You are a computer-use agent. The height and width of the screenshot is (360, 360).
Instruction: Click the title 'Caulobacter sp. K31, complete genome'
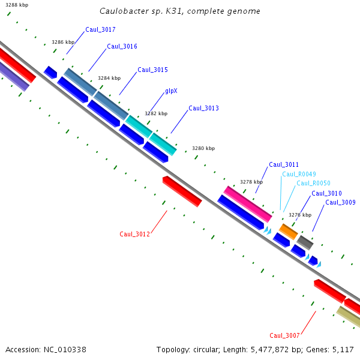179,11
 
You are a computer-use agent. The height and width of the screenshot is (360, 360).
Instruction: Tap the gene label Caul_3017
100,29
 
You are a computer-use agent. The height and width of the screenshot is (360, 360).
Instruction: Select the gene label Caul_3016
122,46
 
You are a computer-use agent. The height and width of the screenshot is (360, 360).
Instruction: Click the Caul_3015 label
152,70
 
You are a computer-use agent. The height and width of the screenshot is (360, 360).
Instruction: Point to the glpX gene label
171,91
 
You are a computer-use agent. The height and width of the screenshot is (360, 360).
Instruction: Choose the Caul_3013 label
203,108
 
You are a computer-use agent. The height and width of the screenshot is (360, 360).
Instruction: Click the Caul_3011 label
284,164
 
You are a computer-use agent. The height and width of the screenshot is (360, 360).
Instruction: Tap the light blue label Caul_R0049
299,174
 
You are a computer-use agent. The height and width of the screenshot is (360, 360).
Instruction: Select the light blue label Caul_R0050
313,183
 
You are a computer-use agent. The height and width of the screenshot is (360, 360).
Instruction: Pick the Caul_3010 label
326,193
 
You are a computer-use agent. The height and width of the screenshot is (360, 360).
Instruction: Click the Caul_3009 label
340,202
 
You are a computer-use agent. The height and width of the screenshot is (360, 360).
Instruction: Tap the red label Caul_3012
134,234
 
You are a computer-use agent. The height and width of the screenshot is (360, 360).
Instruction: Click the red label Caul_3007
284,335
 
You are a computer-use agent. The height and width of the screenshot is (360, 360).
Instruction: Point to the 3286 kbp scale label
63,42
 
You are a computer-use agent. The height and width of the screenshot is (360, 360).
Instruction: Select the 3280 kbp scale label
203,148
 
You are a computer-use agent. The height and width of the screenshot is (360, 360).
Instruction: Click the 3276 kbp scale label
300,214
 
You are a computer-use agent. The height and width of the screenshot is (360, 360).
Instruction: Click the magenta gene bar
248,203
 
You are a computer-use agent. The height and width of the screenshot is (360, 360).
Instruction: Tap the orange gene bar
289,231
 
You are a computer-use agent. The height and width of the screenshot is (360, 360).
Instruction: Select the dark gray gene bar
305,242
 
